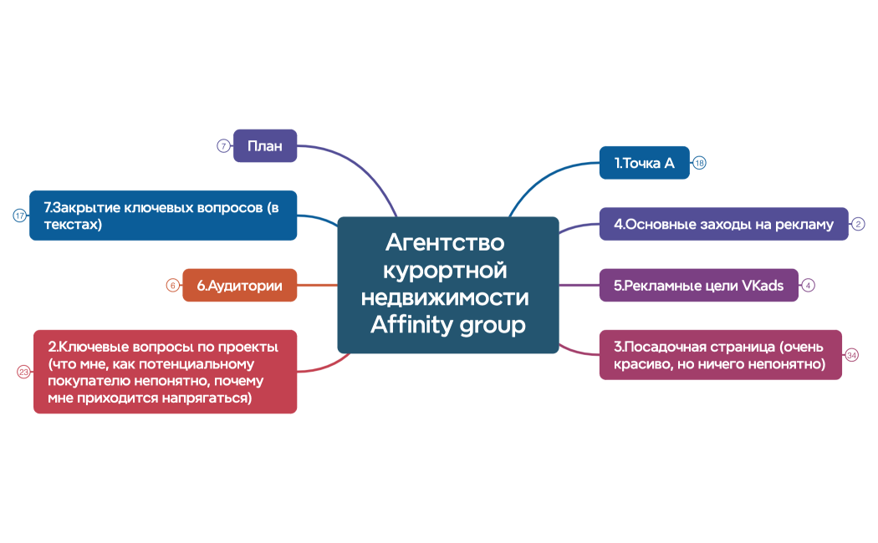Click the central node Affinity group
[x=447, y=285]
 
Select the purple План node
[x=265, y=145]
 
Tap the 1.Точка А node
[x=644, y=163]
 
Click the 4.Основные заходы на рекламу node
[x=723, y=224]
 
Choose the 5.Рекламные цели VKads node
[x=698, y=285]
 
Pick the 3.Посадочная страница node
[x=720, y=355]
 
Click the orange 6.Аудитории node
[x=239, y=285]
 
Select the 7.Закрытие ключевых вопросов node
[x=163, y=216]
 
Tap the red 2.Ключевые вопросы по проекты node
[x=165, y=373]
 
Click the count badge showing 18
[x=700, y=163]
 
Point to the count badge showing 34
[x=852, y=355]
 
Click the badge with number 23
[x=23, y=373]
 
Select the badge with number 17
[x=19, y=216]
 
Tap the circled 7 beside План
[x=223, y=145]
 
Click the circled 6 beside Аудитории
[x=172, y=285]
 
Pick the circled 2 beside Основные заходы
[x=859, y=224]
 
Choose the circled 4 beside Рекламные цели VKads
[x=809, y=285]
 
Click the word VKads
[x=763, y=285]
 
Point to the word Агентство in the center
[x=446, y=243]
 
